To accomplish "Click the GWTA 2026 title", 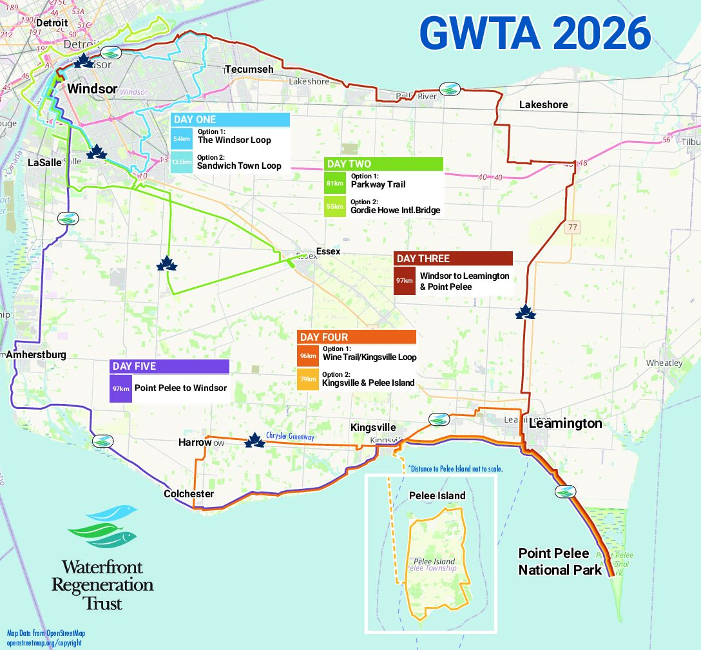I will point(535,33).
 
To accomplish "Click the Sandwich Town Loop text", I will point(239,166).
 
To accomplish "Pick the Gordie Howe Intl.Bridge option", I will point(396,210).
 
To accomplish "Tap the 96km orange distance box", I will point(308,356).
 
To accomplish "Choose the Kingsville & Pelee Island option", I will point(368,383).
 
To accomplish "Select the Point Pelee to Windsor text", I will point(180,388).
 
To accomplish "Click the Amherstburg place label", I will point(36,355).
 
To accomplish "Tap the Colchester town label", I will point(189,494).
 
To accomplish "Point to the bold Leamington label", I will point(565,423).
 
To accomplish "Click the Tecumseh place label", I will point(249,69).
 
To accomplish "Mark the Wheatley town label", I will point(664,363).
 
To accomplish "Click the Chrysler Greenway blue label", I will point(290,437).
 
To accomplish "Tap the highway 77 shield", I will point(572,227).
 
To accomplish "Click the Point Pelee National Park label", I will point(559,562).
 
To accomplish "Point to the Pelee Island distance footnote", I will point(455,468).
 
